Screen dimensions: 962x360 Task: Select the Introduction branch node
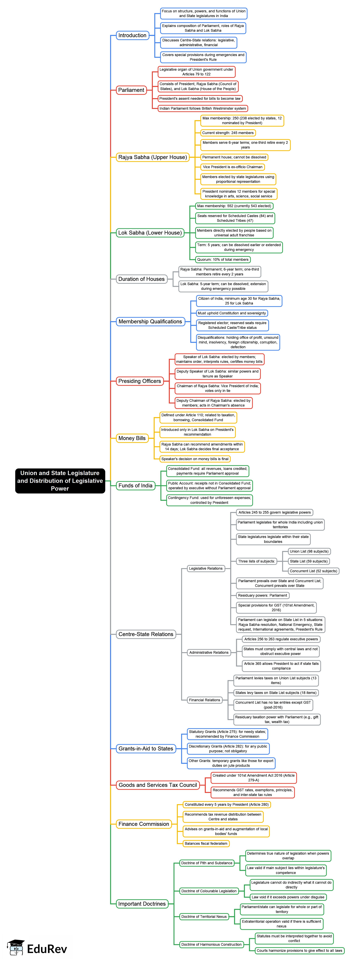point(132,35)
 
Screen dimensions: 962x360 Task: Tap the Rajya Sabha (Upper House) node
point(152,157)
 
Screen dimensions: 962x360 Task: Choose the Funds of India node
point(135,485)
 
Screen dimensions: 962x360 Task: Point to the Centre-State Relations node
point(146,634)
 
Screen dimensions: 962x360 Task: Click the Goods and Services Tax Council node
point(158,785)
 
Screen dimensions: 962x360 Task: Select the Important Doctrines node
point(142,904)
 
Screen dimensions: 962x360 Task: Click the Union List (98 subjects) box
point(309,551)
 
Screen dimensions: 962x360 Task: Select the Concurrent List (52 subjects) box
point(313,571)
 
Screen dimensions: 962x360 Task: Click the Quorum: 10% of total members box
point(223,260)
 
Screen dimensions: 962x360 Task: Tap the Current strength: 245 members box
point(228,133)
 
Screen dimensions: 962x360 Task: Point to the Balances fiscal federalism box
point(206,844)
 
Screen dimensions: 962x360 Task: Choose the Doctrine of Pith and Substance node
point(207,863)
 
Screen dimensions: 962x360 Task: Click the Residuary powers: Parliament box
point(262,595)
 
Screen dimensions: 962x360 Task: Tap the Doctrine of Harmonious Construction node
point(211,944)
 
